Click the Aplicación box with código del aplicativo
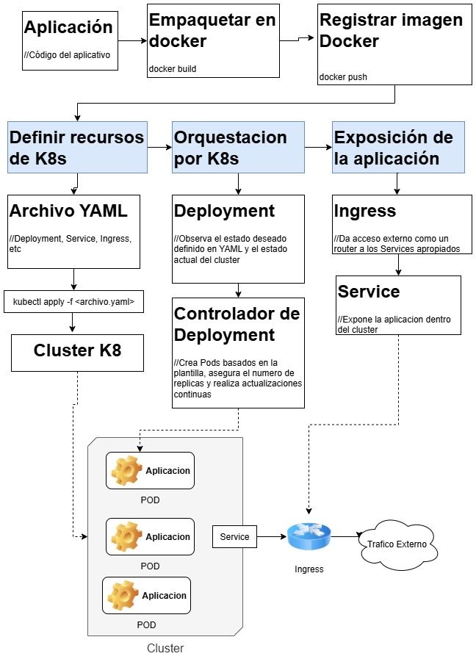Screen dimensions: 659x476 (x=71, y=40)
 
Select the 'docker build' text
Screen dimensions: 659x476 (x=173, y=69)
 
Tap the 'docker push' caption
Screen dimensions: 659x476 (x=343, y=76)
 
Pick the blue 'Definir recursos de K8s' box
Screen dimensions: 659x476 (x=77, y=148)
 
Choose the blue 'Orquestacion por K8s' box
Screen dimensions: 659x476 (x=238, y=148)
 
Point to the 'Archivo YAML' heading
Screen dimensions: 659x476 (x=68, y=211)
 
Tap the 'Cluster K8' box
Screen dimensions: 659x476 (x=77, y=351)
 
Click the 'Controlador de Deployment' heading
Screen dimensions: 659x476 (x=237, y=324)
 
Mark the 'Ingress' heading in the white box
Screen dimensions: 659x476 (x=364, y=211)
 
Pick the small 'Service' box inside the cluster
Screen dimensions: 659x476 (x=234, y=537)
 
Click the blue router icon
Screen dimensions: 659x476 (x=309, y=537)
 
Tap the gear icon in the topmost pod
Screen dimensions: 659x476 (x=126, y=471)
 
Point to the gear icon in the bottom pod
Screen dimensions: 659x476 (x=122, y=595)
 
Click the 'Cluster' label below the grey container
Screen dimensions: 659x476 (x=165, y=648)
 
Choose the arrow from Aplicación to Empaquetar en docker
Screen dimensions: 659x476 (x=132, y=41)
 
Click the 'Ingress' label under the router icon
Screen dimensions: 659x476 (x=309, y=569)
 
